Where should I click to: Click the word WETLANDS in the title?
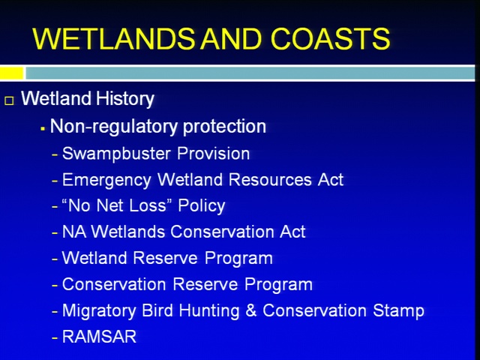tap(113, 39)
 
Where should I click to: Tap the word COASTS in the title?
tap(330, 39)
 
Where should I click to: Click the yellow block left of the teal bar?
tap(12, 73)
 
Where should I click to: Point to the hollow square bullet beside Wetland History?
tap(10, 100)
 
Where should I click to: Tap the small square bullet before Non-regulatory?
tap(43, 130)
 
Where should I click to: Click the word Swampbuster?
tap(116, 154)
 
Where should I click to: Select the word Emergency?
tap(106, 180)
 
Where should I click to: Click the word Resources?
tap(270, 179)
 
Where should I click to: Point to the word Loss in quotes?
tap(148, 205)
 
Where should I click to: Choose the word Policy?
tap(202, 206)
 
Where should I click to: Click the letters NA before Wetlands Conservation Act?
tap(73, 232)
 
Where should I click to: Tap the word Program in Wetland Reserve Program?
tap(238, 259)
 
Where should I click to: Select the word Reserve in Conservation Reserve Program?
tap(205, 284)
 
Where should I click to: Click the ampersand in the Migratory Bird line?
tap(251, 310)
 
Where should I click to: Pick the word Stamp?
tap(398, 311)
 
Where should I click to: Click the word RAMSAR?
tap(99, 337)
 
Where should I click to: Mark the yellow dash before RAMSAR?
tap(55, 338)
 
